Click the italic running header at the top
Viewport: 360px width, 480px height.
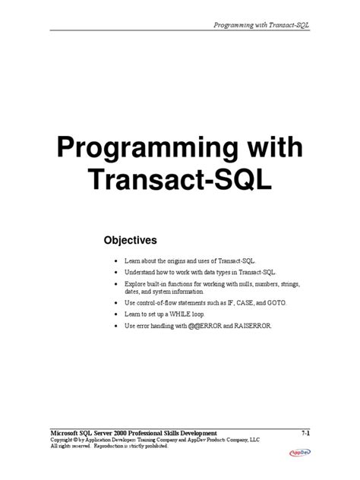pos(263,25)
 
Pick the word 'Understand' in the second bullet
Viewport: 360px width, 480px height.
pos(141,271)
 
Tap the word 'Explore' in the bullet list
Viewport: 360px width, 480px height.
pos(135,283)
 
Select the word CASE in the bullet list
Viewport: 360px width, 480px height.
pos(242,302)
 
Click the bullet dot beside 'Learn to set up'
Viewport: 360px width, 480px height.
pos(115,314)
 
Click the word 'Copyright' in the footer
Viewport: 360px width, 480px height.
pos(65,439)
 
